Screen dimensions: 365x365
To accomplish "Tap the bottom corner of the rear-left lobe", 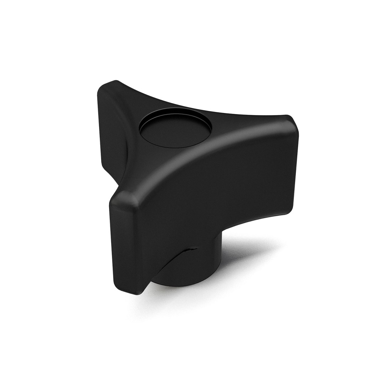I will click(x=107, y=168).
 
